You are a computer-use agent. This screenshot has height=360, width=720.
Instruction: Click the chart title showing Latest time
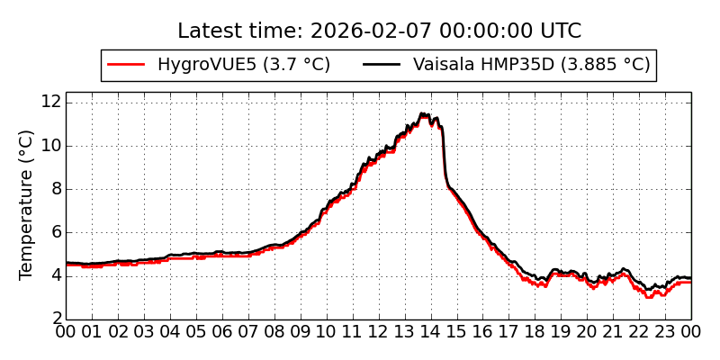(379, 31)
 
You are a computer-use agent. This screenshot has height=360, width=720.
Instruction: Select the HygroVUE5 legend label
(244, 65)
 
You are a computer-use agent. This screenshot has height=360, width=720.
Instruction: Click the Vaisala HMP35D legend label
(531, 65)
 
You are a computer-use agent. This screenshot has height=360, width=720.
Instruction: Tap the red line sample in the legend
(126, 65)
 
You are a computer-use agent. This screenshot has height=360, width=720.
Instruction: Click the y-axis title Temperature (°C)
(26, 204)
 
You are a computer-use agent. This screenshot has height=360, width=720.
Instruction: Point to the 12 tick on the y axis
(49, 102)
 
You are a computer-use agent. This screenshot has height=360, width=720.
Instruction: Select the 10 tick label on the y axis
(49, 145)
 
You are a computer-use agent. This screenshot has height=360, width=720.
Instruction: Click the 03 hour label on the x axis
(144, 332)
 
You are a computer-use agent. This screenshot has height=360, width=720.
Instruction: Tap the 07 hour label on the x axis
(248, 332)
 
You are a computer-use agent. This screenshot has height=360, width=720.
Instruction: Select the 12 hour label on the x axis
(379, 332)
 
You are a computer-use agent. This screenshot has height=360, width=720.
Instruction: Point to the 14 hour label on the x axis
(431, 332)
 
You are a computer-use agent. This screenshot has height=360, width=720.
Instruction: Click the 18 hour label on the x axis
(535, 332)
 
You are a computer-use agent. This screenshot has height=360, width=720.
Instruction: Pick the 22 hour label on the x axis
(640, 332)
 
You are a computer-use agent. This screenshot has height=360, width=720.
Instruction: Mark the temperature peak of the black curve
(421, 113)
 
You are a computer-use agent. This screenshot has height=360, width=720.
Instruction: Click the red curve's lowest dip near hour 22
(648, 296)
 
